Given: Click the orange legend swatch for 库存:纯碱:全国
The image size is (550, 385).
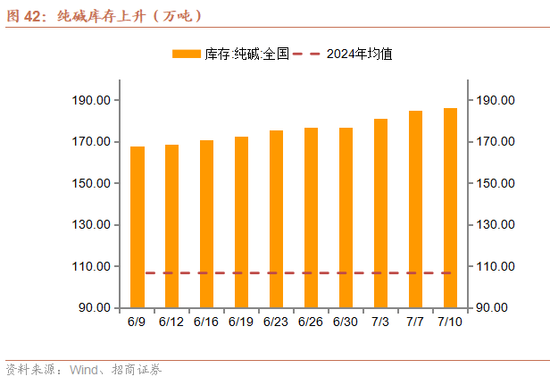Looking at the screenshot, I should [x=187, y=54].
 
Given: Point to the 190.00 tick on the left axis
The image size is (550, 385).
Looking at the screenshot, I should [x=91, y=100].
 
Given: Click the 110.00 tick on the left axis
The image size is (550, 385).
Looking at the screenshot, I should [x=91, y=266].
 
